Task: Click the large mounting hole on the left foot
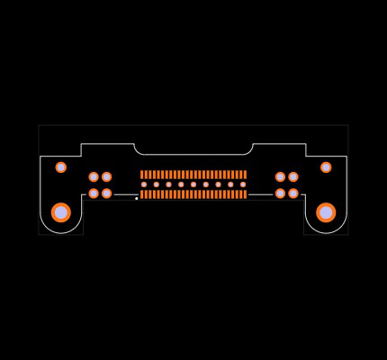(61, 212)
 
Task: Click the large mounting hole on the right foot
(326, 212)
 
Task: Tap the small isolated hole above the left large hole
(61, 167)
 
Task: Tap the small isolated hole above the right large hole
(326, 167)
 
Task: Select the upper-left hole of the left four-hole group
(94, 177)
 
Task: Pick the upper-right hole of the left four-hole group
(106, 177)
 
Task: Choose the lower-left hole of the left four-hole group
(94, 193)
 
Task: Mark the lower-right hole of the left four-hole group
(106, 193)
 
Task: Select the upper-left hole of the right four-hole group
(280, 177)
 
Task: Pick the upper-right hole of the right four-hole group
(293, 177)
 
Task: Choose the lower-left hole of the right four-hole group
(280, 193)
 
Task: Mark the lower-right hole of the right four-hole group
(293, 193)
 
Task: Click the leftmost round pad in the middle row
(144, 184)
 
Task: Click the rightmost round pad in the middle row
(243, 184)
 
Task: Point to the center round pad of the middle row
(193, 184)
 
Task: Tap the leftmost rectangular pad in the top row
(142, 175)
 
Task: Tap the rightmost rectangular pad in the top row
(245, 175)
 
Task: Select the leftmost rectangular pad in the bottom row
(142, 194)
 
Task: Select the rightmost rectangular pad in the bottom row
(245, 194)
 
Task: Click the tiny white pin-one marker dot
(137, 199)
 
